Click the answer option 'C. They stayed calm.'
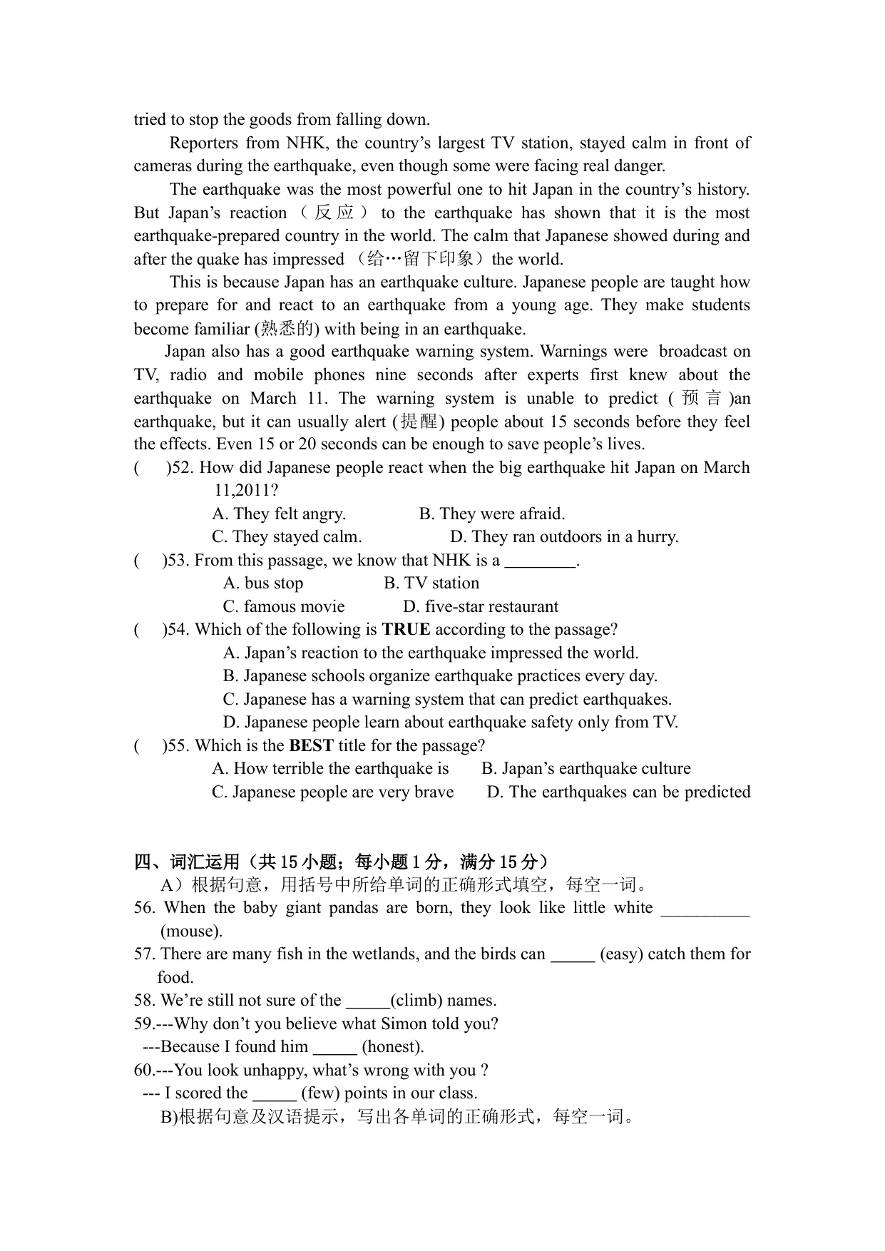287,536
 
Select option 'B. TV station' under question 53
431,583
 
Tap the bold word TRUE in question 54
406,629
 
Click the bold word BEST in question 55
311,745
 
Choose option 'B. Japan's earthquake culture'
585,768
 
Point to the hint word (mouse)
191,931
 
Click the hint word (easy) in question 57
621,954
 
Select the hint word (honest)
393,1046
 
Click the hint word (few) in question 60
320,1093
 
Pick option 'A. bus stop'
263,583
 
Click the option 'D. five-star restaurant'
480,606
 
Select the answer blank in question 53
540,561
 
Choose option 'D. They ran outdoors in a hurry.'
564,536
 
